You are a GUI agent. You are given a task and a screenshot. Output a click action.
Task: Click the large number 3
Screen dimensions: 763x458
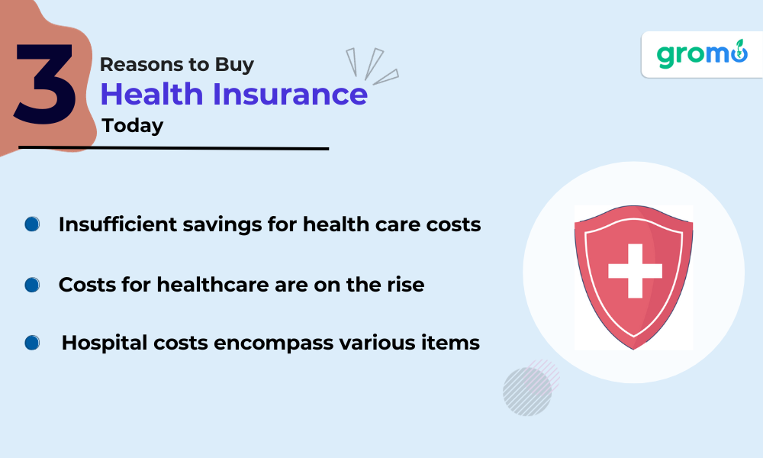[45, 83]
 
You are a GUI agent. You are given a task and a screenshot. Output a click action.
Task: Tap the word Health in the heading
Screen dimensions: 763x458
[151, 93]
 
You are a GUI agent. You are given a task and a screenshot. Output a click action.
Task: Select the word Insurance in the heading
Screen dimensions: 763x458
[290, 93]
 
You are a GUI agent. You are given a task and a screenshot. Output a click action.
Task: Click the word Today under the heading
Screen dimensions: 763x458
[132, 126]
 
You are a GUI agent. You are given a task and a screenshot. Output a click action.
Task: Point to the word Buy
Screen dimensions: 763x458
[234, 65]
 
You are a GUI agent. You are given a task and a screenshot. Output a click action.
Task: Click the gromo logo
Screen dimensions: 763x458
[702, 54]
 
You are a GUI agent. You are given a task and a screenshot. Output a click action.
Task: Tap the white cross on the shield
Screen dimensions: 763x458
[635, 271]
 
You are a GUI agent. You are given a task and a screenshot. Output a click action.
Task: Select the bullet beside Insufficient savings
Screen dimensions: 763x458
[32, 224]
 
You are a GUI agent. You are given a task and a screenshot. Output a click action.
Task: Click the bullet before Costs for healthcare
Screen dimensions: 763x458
[32, 285]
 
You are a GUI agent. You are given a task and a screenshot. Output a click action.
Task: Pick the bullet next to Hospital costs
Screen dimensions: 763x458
[32, 343]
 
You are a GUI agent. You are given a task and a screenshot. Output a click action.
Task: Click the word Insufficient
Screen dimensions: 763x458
[118, 224]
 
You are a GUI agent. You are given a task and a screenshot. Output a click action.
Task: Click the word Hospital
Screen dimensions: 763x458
[105, 343]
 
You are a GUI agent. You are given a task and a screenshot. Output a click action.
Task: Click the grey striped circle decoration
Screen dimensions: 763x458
[527, 392]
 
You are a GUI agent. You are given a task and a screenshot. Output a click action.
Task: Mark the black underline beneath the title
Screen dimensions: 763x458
[174, 148]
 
